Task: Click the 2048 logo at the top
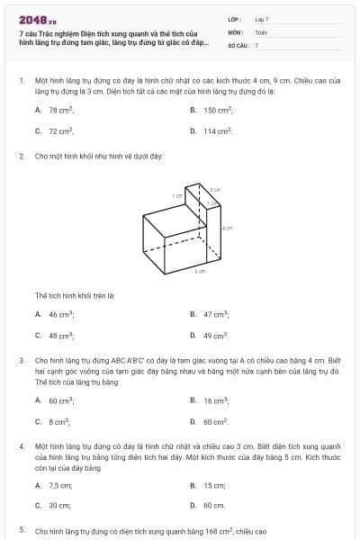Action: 37,20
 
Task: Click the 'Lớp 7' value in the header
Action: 262,19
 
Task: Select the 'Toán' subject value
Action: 261,31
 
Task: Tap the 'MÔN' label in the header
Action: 236,31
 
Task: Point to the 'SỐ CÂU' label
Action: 238,44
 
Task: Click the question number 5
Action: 22,531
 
